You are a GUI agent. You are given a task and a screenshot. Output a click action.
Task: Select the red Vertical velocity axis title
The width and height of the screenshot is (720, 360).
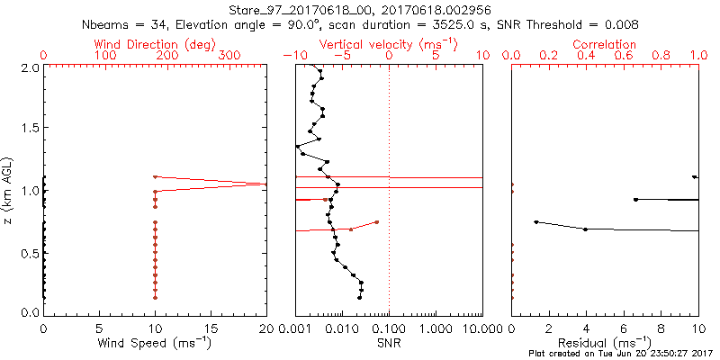point(389,44)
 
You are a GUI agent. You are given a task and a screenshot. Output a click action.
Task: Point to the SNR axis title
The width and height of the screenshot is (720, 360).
point(389,342)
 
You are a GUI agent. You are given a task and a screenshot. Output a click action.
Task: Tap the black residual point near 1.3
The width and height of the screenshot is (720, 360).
point(536,221)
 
